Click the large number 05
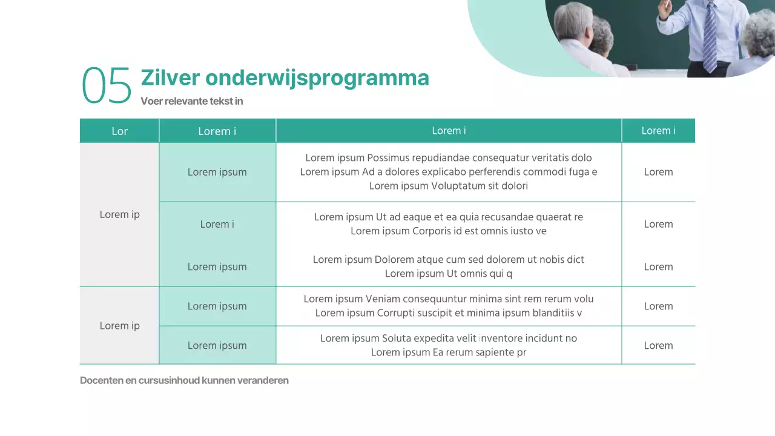[107, 85]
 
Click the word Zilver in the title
[170, 78]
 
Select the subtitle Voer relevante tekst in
[191, 101]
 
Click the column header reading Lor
[119, 131]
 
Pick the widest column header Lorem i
[449, 131]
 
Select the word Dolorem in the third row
[394, 260]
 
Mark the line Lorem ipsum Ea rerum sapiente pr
[448, 352]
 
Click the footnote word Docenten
[101, 381]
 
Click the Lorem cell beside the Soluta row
[658, 346]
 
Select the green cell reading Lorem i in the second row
[217, 224]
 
